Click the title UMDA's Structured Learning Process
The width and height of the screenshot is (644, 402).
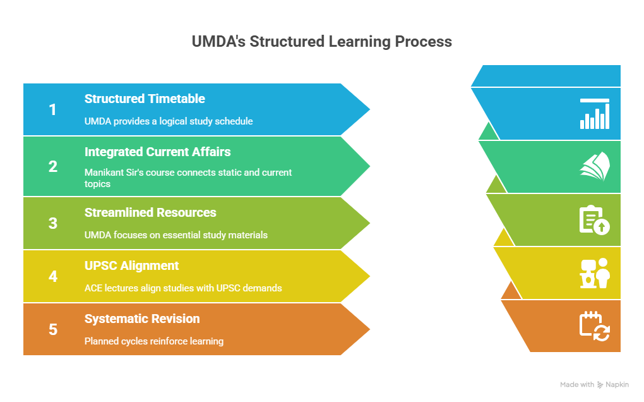pyautogui.click(x=322, y=42)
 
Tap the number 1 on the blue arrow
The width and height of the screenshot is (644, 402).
pyautogui.click(x=53, y=110)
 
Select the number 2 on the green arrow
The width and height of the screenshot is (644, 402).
pyautogui.click(x=53, y=166)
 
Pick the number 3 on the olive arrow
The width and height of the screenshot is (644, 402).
pyautogui.click(x=53, y=223)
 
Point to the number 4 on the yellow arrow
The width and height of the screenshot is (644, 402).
pyautogui.click(x=53, y=276)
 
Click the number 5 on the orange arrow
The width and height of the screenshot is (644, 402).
pyautogui.click(x=53, y=329)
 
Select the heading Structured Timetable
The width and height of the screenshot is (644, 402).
pyautogui.click(x=145, y=99)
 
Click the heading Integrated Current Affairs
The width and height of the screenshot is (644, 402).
pyautogui.click(x=157, y=152)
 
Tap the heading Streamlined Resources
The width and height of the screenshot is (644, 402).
pyautogui.click(x=150, y=212)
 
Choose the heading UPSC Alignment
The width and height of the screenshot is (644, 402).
pyautogui.click(x=131, y=265)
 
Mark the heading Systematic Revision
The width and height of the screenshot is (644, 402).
pyautogui.click(x=142, y=319)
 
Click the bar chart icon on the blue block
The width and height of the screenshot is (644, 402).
pyautogui.click(x=595, y=114)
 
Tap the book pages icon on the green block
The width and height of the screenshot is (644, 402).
pyautogui.click(x=595, y=167)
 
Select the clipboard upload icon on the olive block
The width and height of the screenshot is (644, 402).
pyautogui.click(x=595, y=220)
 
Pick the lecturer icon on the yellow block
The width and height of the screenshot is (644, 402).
pyautogui.click(x=595, y=273)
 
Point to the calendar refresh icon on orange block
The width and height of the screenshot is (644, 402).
pyautogui.click(x=595, y=326)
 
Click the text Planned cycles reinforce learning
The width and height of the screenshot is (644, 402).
pyautogui.click(x=154, y=341)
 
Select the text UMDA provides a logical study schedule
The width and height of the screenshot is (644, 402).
pyautogui.click(x=169, y=121)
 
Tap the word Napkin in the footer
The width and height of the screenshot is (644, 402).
pyautogui.click(x=617, y=384)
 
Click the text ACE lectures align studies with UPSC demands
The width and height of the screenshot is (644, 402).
pyautogui.click(x=183, y=288)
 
